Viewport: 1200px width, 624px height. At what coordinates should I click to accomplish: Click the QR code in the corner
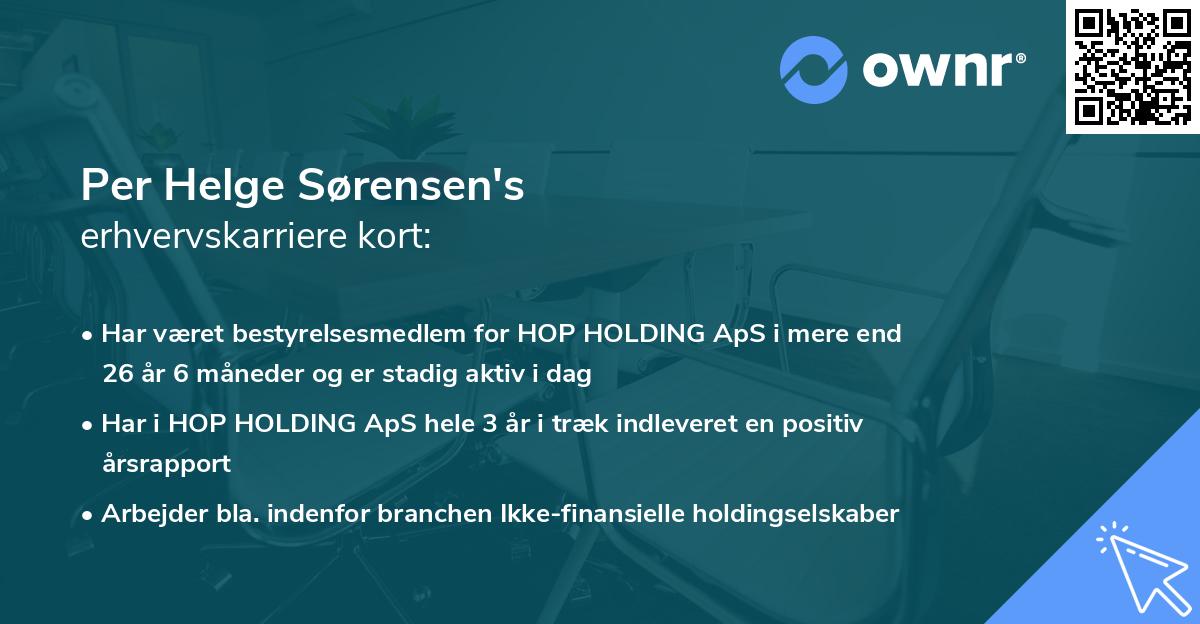(1132, 67)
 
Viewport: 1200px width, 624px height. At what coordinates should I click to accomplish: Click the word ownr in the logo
(937, 67)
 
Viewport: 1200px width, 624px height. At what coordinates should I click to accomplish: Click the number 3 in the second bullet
(490, 423)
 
